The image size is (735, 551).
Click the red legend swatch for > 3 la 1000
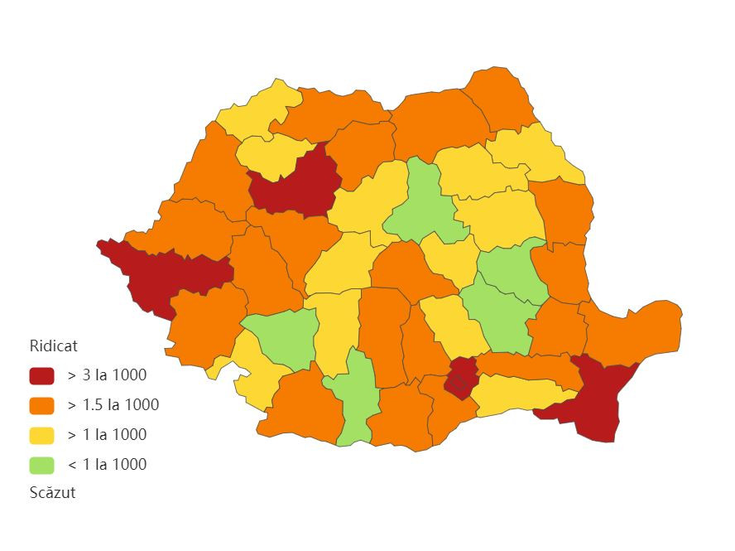tap(41, 375)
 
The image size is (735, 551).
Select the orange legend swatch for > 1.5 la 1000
tap(41, 405)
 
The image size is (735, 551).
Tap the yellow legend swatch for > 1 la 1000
tap(41, 435)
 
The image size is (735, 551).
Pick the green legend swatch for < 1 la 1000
tap(41, 465)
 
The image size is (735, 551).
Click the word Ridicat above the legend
tap(53, 346)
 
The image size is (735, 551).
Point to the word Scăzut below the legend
tap(52, 492)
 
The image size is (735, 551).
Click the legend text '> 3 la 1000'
tap(107, 375)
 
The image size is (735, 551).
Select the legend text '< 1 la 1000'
tap(107, 465)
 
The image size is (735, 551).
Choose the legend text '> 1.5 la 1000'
tap(113, 405)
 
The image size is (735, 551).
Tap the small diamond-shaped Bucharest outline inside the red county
tap(456, 382)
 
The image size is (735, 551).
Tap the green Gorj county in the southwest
tap(281, 336)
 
